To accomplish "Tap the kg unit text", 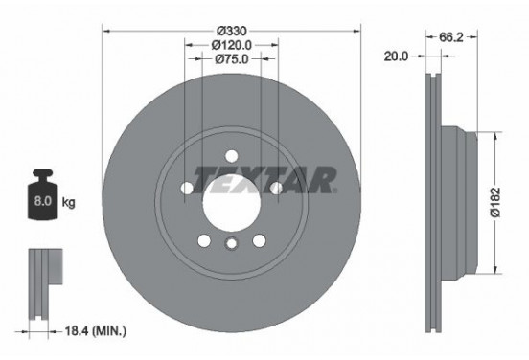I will [68, 204].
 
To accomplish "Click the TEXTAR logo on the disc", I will [264, 178].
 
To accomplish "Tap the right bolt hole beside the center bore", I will [276, 189].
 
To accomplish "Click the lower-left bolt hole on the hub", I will [202, 239].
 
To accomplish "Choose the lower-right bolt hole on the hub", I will [259, 239].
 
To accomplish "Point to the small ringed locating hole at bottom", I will [230, 246].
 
